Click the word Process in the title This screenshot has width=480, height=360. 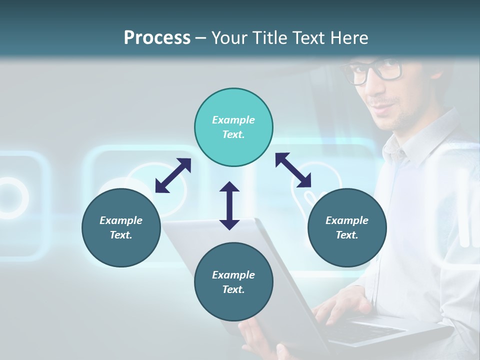pos(157,37)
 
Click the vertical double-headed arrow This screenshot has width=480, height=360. pos(229,205)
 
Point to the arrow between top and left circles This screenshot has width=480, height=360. pos(173,175)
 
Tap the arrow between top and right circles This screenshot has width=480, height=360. pos(293,170)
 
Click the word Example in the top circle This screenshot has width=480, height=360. pos(233,120)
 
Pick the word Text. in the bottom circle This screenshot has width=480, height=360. pos(233,289)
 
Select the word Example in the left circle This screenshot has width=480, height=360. pos(121,220)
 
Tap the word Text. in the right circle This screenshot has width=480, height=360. pos(347,235)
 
